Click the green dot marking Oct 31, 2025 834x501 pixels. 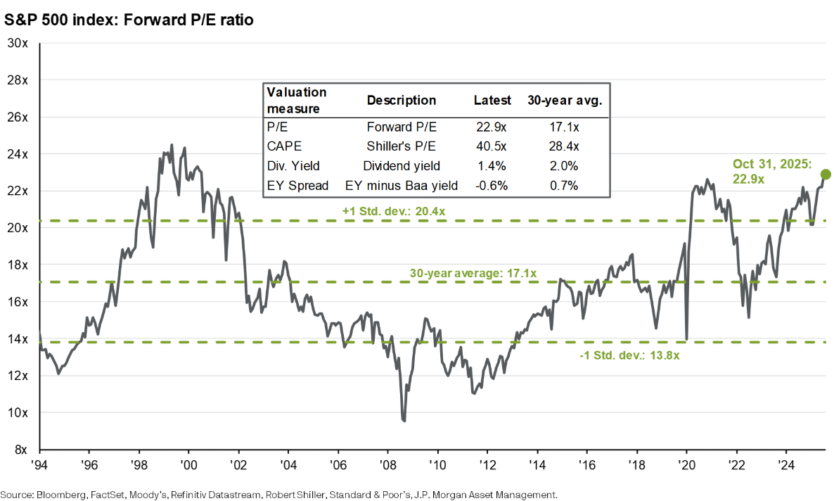click(826, 174)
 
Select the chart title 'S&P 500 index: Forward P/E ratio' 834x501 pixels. click(129, 20)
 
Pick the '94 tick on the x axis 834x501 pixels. click(39, 465)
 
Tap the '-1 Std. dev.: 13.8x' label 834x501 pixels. click(630, 356)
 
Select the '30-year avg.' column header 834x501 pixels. click(565, 100)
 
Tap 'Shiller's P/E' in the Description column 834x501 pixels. click(402, 146)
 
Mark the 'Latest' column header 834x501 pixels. click(492, 100)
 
